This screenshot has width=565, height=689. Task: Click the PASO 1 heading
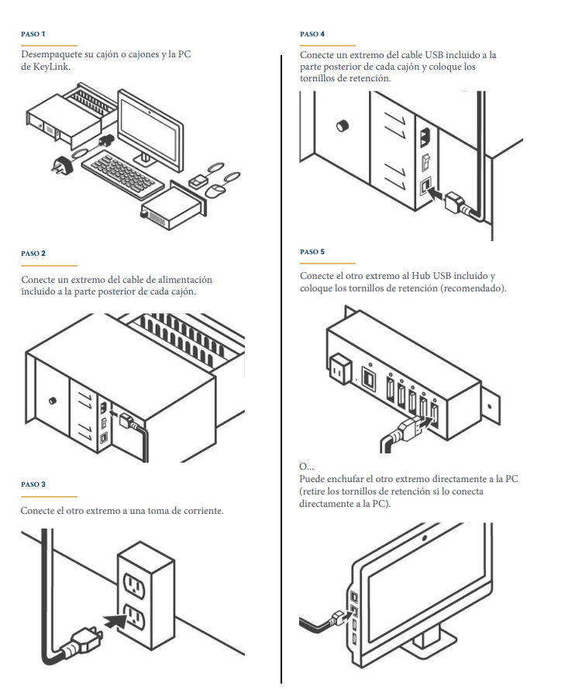click(33, 35)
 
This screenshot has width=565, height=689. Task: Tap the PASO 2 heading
click(33, 253)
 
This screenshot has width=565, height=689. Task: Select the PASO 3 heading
click(33, 484)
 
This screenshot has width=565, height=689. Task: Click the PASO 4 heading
click(312, 35)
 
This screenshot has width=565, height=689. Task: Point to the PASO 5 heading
click(312, 252)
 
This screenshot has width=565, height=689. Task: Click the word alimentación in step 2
click(185, 280)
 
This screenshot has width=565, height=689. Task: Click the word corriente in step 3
click(200, 511)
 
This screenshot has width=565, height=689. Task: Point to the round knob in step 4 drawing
click(342, 126)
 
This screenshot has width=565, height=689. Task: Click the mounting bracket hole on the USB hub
click(490, 404)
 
